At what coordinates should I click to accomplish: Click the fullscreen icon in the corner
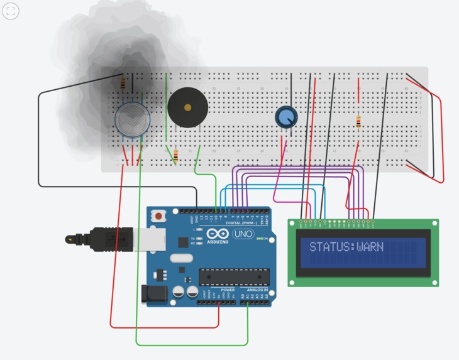coord(11,11)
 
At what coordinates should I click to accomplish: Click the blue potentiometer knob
coord(286,116)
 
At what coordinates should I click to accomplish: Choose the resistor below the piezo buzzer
coord(175,155)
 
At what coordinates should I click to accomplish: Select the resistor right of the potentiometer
coord(358,122)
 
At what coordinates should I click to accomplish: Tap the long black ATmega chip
coord(234,276)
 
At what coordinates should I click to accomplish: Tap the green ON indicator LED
coord(265,239)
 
